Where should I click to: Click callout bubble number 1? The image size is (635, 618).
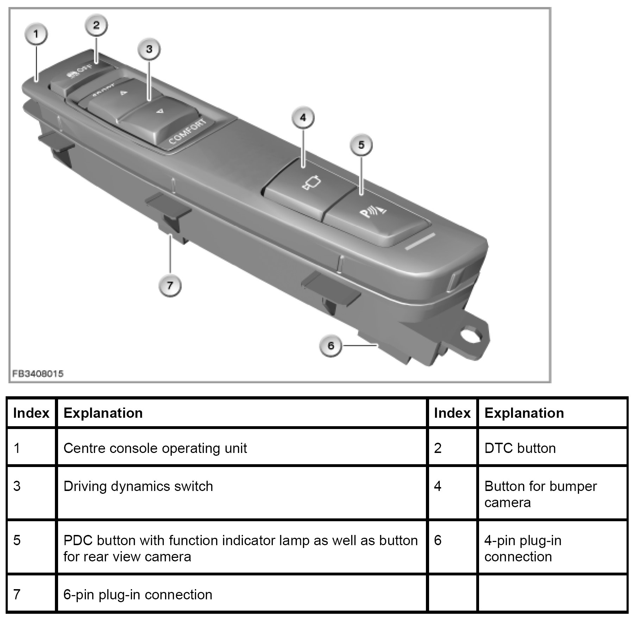(36, 34)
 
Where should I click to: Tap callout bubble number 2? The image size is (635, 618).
(96, 25)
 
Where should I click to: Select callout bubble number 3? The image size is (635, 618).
(149, 49)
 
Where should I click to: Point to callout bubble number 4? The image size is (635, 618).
(303, 118)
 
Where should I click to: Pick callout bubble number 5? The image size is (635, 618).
(361, 145)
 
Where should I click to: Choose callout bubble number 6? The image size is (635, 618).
(331, 346)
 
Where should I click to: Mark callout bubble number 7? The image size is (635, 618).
(170, 285)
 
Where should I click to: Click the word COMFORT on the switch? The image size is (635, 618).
(188, 132)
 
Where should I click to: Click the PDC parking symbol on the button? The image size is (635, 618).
(373, 212)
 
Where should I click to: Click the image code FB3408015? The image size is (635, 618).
(38, 373)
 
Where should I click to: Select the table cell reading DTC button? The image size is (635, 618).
(520, 448)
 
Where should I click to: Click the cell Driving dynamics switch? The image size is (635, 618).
(138, 486)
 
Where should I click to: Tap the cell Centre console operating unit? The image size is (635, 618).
(155, 448)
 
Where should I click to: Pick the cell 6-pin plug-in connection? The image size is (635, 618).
(138, 595)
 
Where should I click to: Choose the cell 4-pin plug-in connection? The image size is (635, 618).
(523, 548)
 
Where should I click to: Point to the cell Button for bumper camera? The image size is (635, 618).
(540, 494)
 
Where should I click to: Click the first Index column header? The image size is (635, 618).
(31, 413)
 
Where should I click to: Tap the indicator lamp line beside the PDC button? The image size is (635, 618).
(420, 241)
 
